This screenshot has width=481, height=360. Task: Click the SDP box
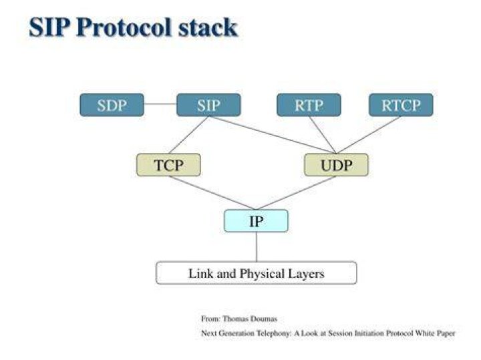tap(112, 105)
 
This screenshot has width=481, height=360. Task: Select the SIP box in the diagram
tap(208, 105)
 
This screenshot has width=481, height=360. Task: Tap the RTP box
tap(309, 105)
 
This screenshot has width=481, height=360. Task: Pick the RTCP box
tap(402, 105)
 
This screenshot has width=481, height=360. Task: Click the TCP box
tap(169, 165)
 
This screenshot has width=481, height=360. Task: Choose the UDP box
tap(337, 165)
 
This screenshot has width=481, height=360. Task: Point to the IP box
tap(256, 221)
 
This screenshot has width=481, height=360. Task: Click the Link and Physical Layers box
tap(257, 273)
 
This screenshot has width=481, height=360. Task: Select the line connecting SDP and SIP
tap(160, 104)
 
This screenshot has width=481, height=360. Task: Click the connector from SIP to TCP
tap(188, 135)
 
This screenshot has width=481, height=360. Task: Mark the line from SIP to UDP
tap(273, 135)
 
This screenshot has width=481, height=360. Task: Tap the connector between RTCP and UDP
tap(369, 135)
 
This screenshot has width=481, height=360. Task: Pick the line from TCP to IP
tap(212, 193)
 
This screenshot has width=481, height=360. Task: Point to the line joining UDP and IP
tap(297, 193)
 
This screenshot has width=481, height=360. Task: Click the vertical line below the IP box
tap(256, 247)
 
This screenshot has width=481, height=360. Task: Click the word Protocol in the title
tap(124, 27)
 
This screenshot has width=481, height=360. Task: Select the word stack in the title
tap(208, 27)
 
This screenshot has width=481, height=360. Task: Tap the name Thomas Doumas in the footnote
tap(250, 319)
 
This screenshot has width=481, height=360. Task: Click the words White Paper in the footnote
tap(435, 333)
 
